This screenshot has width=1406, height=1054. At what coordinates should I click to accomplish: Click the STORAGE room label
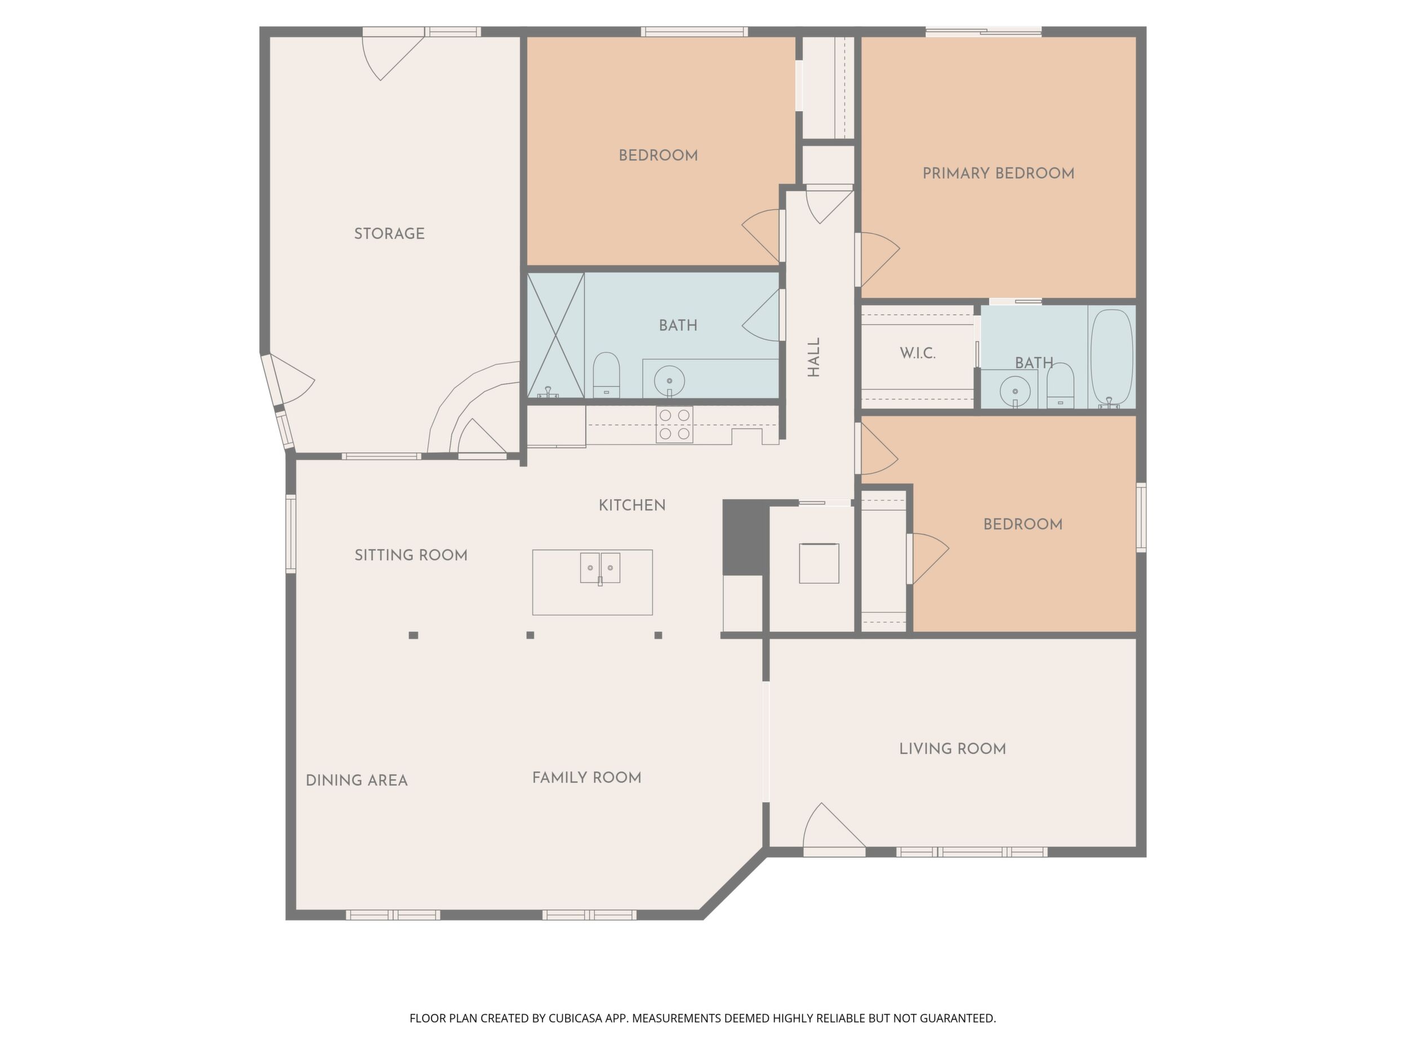point(389,234)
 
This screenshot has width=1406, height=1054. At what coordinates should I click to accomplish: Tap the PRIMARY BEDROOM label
point(998,173)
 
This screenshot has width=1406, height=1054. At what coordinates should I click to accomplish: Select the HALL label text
point(813,357)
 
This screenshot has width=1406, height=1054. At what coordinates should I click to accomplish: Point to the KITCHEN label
point(632,505)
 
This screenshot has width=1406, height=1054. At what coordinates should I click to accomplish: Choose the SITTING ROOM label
point(411,555)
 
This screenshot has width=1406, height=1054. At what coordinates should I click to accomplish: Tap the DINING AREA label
point(357,780)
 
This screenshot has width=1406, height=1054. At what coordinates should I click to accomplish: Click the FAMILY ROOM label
point(586,778)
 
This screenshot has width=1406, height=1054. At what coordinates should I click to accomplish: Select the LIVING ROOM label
point(952,749)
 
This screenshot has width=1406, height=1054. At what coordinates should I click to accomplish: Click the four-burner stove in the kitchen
point(674,425)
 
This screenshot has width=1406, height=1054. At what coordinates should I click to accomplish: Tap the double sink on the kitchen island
point(600,568)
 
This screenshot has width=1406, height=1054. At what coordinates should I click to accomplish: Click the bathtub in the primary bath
point(1111,358)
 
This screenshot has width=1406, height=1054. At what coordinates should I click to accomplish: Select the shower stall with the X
point(555,336)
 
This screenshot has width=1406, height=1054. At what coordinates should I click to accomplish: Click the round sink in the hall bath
point(669,380)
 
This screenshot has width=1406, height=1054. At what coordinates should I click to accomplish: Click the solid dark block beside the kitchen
point(746,537)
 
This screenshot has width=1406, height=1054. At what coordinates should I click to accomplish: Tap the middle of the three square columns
point(530,635)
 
